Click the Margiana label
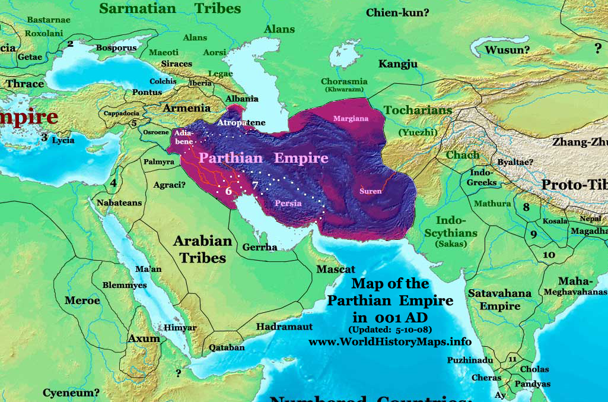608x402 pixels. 351,119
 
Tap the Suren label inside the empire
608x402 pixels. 371,191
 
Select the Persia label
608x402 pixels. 288,204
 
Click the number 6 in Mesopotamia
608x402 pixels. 228,191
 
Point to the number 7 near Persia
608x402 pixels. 255,185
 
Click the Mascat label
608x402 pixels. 335,269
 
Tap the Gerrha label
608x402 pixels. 260,247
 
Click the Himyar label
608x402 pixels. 180,328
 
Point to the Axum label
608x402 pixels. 144,338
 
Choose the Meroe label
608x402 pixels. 82,300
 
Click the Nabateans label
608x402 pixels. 119,202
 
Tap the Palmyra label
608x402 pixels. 158,162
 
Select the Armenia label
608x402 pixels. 186,108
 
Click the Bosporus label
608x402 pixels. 116,48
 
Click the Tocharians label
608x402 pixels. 418,110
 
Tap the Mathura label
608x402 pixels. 492,204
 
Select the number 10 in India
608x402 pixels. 549,254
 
